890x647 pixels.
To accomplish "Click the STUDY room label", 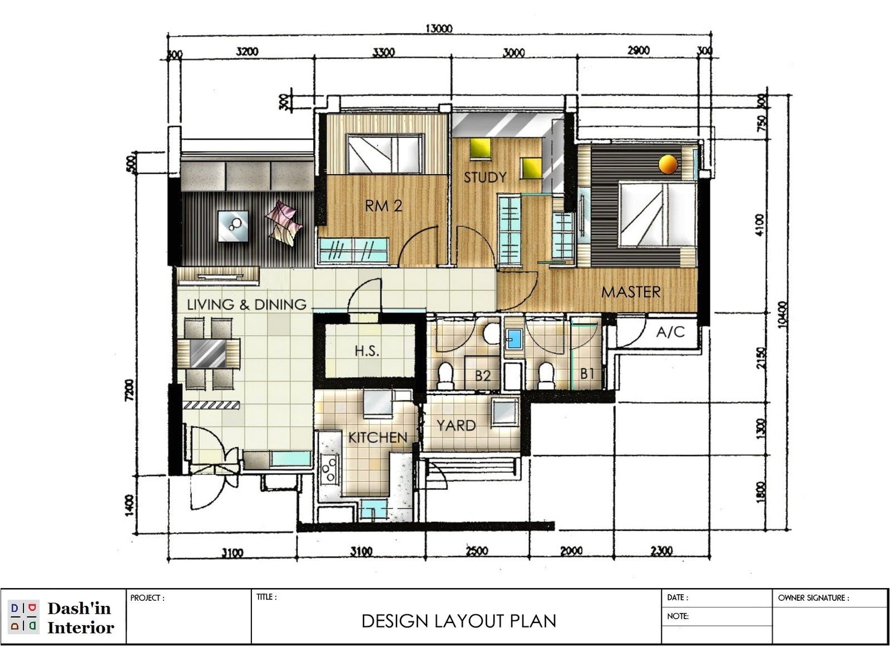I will tap(485, 177).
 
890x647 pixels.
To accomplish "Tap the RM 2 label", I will tap(383, 206).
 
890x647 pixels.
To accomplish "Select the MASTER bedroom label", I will tap(631, 292).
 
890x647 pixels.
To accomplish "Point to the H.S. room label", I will tap(367, 351).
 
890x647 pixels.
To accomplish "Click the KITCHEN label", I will tap(378, 438).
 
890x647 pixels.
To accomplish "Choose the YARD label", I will tap(456, 426).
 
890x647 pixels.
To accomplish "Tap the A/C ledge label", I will tap(670, 332).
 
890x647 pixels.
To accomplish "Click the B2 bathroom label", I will tap(482, 376).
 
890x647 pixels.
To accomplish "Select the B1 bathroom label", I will tap(587, 374).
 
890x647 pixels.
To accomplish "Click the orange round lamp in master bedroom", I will tap(667, 164).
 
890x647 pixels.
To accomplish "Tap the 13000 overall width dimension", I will tap(439, 28).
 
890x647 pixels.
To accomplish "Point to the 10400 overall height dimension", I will tap(783, 315).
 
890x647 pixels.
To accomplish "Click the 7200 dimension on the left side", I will tap(129, 389).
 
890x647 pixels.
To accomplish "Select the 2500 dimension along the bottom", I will tap(477, 551).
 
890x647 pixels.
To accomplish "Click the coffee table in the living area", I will tap(233, 225).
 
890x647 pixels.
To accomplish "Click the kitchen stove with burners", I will tap(329, 468).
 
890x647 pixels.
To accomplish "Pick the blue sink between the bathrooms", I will tap(513, 339).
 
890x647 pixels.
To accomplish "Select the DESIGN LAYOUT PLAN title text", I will tap(459, 621).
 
